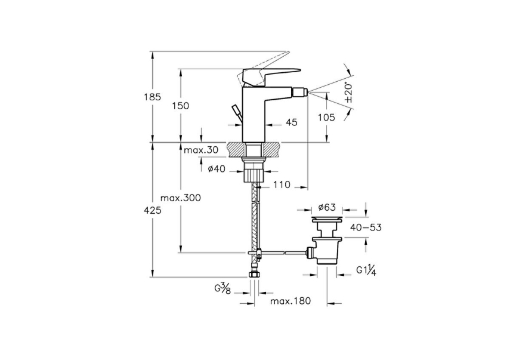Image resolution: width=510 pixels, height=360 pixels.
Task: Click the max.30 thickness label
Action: tap(201, 150)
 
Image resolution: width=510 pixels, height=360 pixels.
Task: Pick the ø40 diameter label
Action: tap(216, 169)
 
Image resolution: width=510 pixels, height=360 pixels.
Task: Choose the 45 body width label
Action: tap(292, 122)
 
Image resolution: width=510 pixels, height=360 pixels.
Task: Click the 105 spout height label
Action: tap(326, 117)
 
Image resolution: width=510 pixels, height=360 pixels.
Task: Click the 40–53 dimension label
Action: tap(366, 227)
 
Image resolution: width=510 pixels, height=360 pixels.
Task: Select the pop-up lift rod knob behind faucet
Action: tap(235, 111)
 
